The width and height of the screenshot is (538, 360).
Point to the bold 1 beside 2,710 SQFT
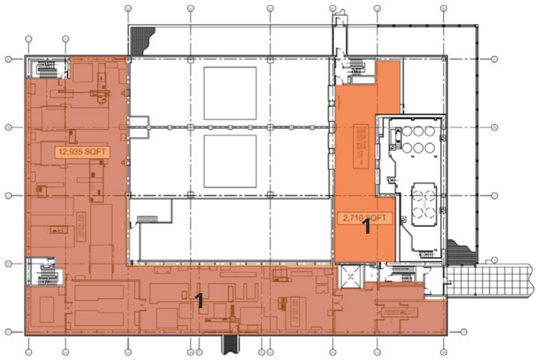366,228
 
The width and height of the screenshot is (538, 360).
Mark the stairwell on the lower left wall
45,273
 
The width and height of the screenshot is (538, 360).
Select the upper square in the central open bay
230,93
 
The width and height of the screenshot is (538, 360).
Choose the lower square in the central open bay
230,161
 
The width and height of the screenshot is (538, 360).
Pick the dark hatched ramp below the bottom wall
229,344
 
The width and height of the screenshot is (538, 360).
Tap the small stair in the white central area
146,219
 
